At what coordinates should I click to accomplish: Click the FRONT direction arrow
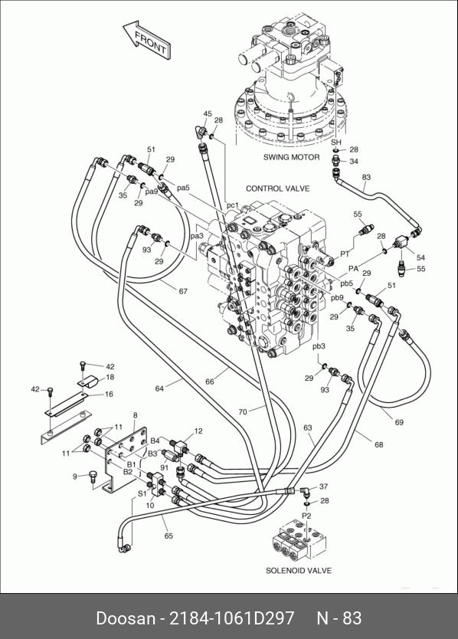147,41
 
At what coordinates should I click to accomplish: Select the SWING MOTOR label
291,157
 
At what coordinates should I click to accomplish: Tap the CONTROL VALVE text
277,188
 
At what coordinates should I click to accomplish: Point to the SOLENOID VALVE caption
299,571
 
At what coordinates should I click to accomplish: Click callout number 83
366,177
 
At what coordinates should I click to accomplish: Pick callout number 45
208,113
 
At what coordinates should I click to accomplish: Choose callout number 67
183,291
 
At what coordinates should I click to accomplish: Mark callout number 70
243,412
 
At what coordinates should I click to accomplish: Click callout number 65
168,536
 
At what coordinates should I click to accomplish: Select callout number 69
399,422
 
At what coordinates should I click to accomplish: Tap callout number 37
323,487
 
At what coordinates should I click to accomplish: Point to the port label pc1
232,205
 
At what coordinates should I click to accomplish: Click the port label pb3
319,346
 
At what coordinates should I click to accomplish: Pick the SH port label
335,143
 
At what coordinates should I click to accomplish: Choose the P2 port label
306,516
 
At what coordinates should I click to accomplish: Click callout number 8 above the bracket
136,415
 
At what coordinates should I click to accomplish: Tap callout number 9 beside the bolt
74,476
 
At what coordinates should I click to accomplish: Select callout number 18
110,378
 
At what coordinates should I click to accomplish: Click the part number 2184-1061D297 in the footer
231,618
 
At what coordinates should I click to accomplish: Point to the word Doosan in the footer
126,618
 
